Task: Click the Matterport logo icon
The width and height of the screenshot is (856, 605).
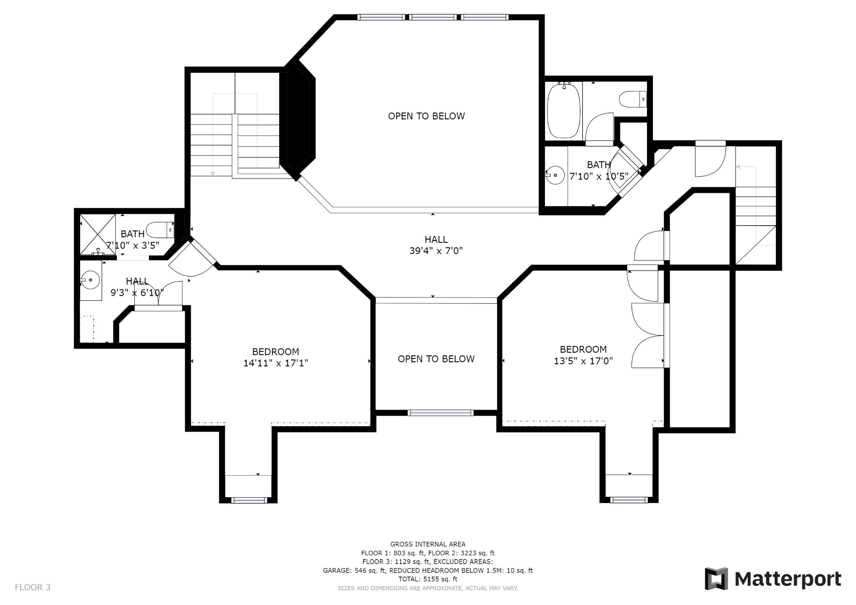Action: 716,579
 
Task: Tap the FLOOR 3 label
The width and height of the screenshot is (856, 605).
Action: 33,587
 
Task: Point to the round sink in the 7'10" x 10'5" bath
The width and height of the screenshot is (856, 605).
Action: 555,175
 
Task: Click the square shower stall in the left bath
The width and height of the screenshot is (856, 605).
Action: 98,234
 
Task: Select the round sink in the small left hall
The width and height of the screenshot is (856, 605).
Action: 90,280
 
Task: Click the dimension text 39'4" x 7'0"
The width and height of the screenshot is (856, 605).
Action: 436,251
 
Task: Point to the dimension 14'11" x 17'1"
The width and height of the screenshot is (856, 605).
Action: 275,363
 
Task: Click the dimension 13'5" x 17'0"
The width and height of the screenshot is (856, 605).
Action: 583,361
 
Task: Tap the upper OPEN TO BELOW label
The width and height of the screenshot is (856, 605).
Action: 426,116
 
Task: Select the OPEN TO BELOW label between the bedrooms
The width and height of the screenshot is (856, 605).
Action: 436,359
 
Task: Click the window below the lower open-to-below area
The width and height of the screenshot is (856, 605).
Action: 441,413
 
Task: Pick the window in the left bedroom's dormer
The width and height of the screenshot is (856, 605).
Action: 249,500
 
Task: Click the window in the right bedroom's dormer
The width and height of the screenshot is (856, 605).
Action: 629,500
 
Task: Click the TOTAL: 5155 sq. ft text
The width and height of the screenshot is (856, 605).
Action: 428,579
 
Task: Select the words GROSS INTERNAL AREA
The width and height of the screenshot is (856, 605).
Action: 428,544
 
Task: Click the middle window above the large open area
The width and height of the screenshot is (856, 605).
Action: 433,17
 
